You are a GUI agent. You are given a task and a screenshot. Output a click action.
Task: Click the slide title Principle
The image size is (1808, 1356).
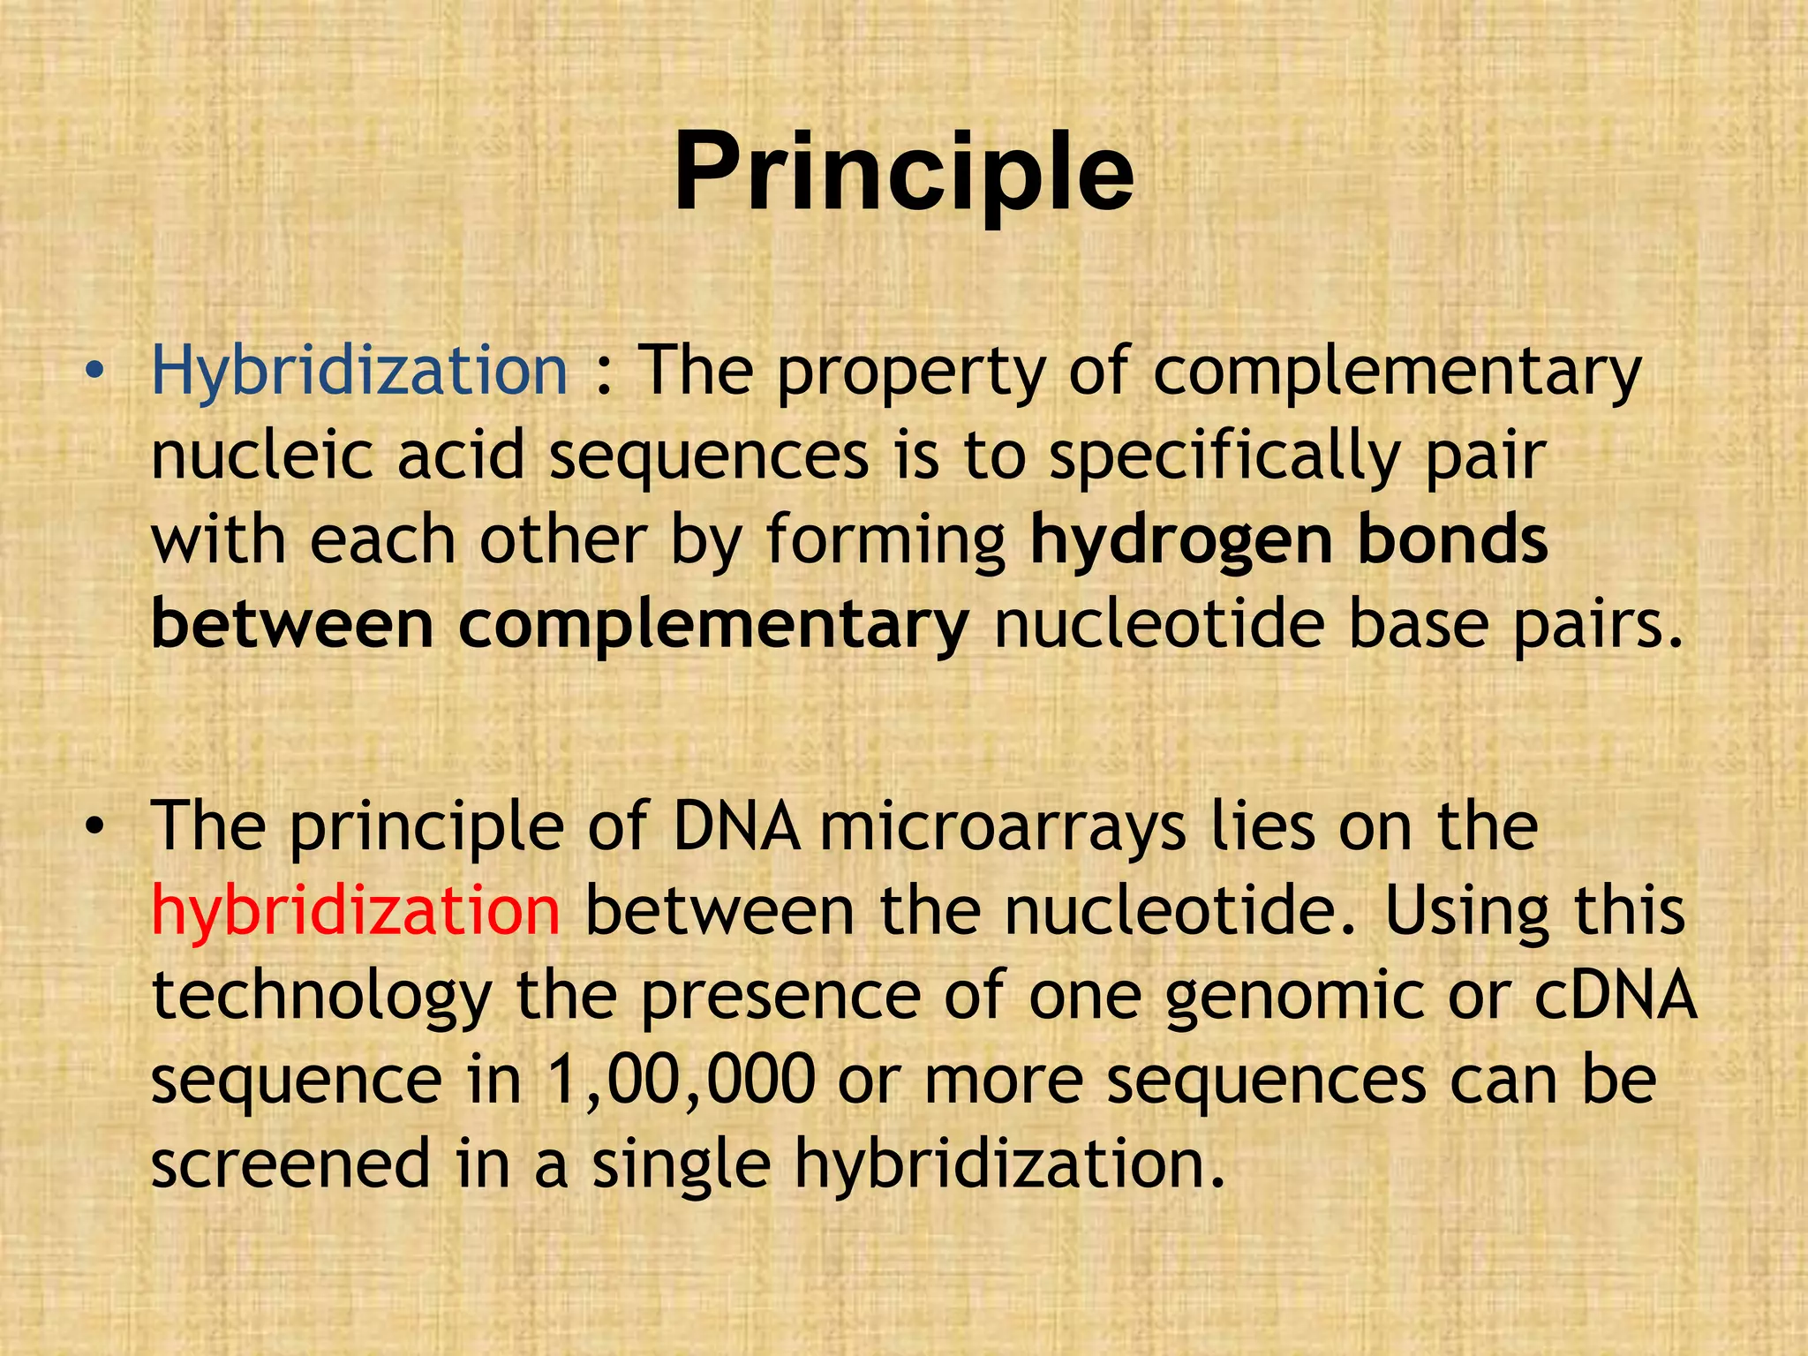(903, 172)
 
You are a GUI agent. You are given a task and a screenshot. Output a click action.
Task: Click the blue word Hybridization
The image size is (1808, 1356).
(359, 371)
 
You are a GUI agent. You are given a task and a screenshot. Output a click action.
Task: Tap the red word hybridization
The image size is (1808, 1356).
(355, 911)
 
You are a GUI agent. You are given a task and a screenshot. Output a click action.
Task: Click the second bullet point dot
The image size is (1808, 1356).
(94, 827)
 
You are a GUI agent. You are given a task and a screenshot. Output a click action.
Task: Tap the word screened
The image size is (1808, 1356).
(290, 1163)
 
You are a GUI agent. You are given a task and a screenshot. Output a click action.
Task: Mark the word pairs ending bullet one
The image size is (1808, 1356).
(1598, 626)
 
